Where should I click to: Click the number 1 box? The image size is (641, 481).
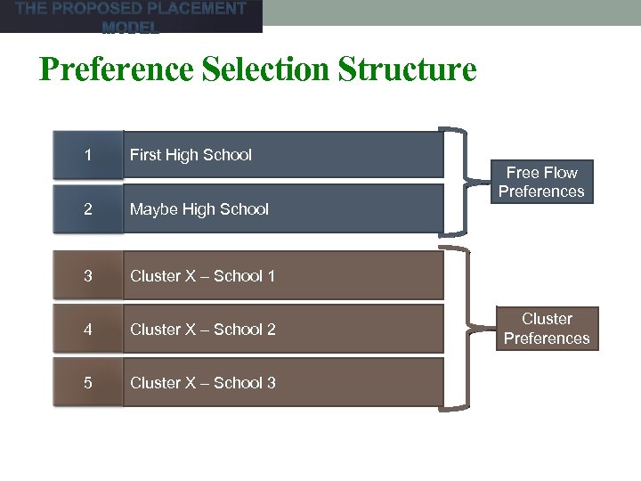87,155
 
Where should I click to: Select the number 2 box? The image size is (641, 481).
87,209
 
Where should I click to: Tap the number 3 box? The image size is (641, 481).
87,276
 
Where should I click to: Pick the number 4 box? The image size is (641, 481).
87,330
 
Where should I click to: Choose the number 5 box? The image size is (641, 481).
87,383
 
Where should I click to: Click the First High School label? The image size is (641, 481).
191,155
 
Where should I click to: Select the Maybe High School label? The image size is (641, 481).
199,209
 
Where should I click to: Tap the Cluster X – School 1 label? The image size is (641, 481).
203,276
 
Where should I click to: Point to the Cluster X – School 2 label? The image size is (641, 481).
203,330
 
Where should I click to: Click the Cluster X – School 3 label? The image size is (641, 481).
203,383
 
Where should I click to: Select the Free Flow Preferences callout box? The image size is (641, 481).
541,182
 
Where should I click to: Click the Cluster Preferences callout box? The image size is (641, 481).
547,329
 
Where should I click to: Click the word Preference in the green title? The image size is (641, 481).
117,69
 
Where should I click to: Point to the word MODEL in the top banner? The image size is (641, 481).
131,28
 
